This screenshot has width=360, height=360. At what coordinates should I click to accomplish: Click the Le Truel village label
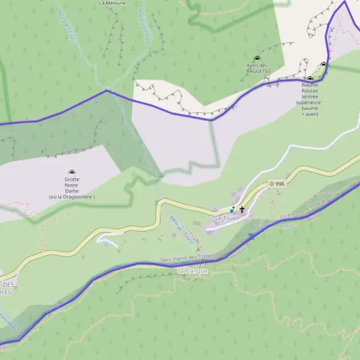226,218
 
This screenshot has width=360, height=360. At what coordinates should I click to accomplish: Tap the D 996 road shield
277,184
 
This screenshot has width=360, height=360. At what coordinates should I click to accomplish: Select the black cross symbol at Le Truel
242,210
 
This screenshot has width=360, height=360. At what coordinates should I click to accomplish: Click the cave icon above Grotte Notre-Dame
73,172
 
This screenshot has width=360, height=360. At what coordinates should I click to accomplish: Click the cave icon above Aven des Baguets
257,58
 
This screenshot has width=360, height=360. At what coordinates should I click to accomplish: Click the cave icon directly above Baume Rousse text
310,79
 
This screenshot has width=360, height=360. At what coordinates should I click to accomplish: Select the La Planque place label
192,271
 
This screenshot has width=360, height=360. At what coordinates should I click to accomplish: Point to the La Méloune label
112,3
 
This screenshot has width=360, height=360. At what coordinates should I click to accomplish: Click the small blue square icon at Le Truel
232,210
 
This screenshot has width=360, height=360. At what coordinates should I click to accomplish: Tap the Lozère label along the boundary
287,215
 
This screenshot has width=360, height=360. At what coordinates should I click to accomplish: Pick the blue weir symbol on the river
251,236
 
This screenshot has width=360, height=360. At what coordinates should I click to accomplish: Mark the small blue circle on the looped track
106,244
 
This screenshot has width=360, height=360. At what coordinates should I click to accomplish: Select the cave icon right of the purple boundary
323,65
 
